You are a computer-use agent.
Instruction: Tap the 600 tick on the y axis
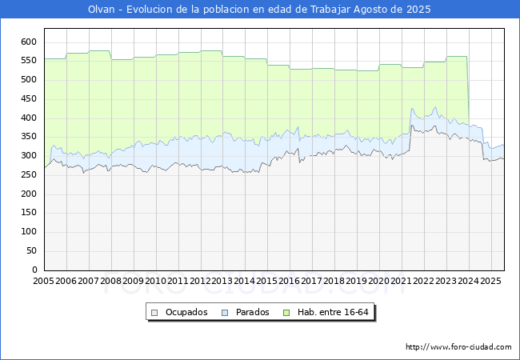point(29,42)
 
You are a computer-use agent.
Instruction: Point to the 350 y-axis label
point(29,137)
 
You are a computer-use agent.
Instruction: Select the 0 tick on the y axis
point(34,270)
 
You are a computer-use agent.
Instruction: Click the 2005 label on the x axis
point(43,282)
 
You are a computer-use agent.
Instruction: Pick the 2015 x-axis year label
point(267,282)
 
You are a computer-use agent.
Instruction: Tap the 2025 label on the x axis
point(490,282)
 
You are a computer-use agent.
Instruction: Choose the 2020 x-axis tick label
point(379,282)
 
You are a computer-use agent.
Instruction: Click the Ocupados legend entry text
point(186,312)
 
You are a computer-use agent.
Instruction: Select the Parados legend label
point(253,312)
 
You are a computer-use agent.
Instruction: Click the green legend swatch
point(289,312)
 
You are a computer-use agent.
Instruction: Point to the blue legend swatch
point(226,312)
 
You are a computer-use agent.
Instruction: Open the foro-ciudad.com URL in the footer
point(458,347)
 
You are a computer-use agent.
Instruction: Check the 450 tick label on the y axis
point(29,99)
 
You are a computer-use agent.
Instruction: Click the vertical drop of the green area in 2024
point(468,88)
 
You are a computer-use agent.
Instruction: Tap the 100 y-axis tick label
point(29,232)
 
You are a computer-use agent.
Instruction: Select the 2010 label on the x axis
point(155,282)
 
